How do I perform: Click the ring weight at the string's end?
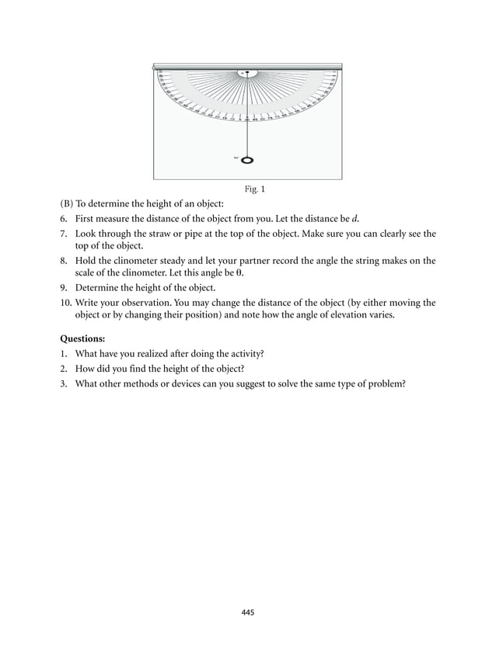coord(248,161)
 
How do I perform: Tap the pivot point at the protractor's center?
coord(247,73)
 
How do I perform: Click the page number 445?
coord(248,612)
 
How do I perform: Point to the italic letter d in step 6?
coord(355,218)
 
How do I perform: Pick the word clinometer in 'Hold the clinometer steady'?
coord(138,261)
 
